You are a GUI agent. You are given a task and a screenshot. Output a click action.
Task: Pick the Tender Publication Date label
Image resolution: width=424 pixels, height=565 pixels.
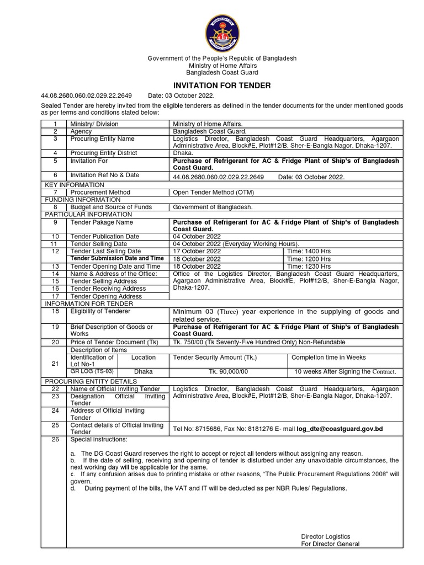pos(105,236)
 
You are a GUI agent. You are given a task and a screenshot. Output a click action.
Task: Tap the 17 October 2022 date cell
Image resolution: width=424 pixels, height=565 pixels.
pos(197,251)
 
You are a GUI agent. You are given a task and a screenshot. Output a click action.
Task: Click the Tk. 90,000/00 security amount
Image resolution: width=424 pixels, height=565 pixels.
pos(229,372)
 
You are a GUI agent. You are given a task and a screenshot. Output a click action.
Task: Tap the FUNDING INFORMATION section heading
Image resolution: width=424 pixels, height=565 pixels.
pos(82,199)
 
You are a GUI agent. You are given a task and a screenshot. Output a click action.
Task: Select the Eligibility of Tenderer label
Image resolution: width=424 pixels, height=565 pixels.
pos(100,311)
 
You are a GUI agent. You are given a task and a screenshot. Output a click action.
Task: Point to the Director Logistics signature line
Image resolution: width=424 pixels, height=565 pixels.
pos(325,536)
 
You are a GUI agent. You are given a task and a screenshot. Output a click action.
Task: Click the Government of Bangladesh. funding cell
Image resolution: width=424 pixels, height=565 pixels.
pos(213,207)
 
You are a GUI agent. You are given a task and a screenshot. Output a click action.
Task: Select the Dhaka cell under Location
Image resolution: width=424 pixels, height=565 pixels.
pos(144,372)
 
